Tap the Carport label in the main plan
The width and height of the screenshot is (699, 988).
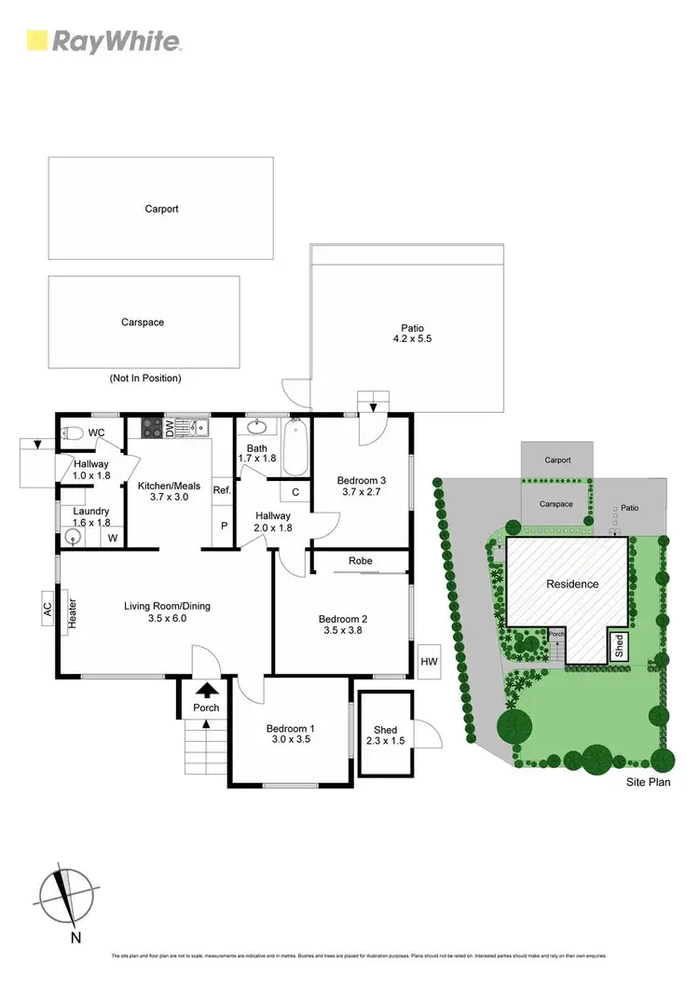161,209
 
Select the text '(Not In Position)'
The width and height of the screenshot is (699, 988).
144,378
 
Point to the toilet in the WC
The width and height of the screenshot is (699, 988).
74,432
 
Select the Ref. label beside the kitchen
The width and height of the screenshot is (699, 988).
222,490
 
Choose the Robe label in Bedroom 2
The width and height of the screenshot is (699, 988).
361,561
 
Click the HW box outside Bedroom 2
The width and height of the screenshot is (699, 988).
429,661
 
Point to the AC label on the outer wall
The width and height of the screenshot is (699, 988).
47,607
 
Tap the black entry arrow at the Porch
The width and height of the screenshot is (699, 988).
207,691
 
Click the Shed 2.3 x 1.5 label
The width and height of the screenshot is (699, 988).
385,735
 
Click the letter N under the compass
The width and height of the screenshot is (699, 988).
76,937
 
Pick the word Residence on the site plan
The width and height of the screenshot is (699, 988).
572,584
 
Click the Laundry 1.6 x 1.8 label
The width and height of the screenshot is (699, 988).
92,517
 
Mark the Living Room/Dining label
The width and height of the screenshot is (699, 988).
168,612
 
